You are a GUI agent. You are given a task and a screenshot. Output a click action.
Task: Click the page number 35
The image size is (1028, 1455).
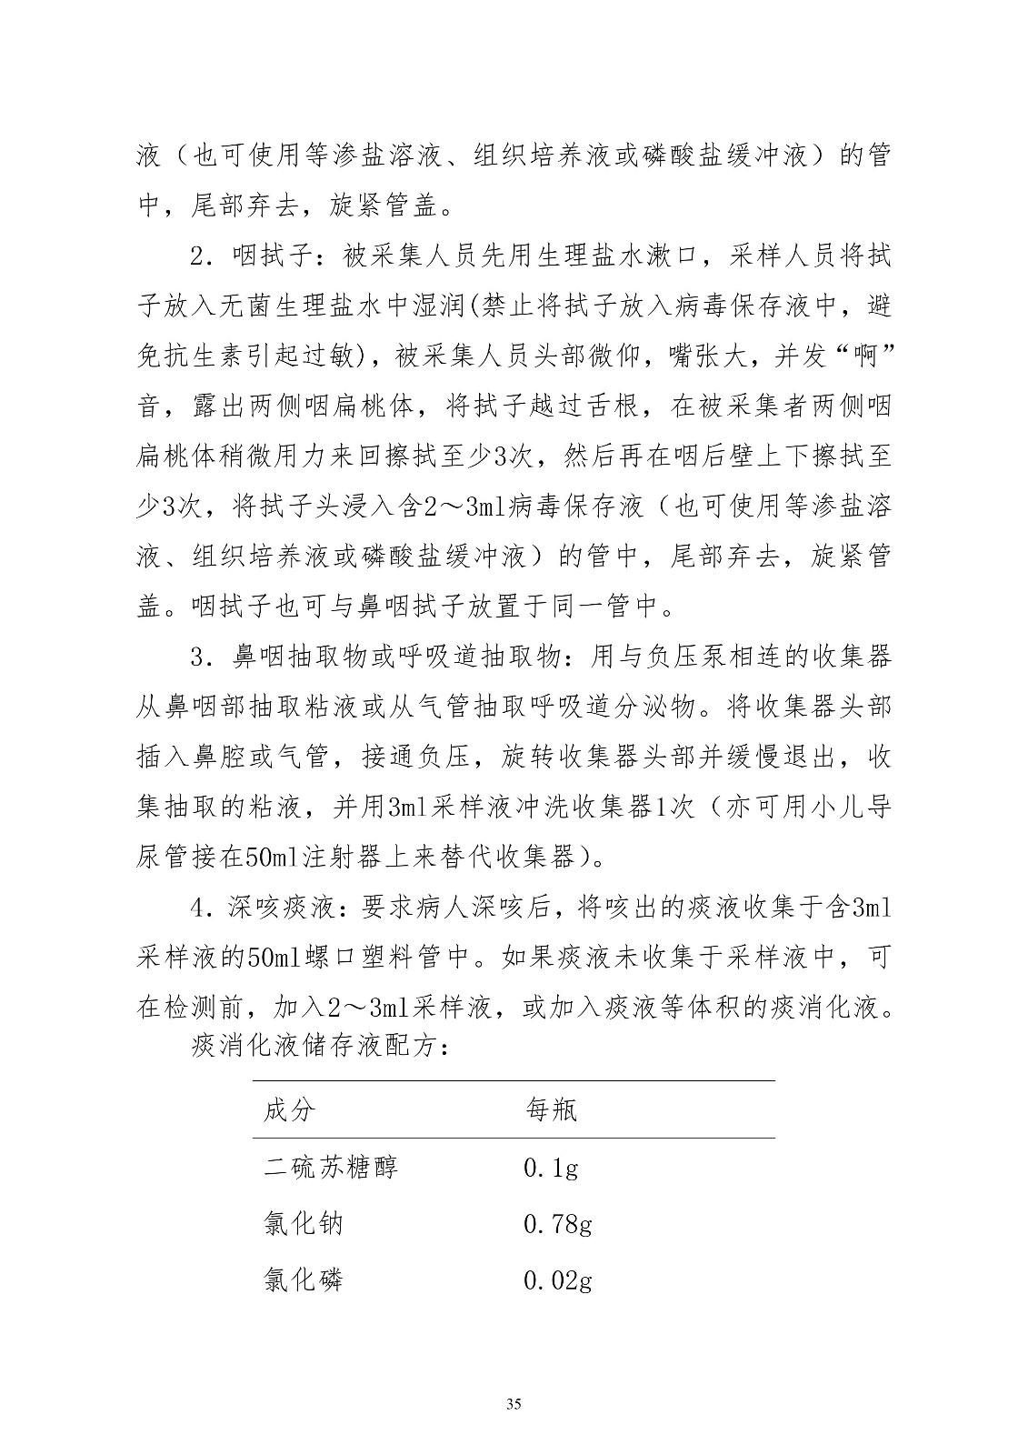coord(514,1404)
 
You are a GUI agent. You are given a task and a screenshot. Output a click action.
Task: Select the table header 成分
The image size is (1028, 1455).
coord(291,1110)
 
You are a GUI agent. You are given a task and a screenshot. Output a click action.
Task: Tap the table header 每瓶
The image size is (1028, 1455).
coord(551,1110)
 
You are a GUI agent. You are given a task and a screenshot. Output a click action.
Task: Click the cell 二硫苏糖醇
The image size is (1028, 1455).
coord(331,1168)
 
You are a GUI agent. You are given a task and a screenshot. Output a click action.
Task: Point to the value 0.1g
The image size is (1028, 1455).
coord(551,1168)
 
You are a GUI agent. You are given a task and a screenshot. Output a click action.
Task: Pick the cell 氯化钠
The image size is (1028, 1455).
coord(304,1224)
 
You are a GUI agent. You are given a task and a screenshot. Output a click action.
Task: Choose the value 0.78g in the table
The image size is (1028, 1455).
coord(558,1224)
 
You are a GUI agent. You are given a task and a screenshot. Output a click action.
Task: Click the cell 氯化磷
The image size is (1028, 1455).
coord(304,1281)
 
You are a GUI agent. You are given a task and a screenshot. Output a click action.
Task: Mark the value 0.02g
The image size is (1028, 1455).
coord(558,1281)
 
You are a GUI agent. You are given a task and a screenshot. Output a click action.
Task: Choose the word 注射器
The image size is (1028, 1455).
coord(370,856)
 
